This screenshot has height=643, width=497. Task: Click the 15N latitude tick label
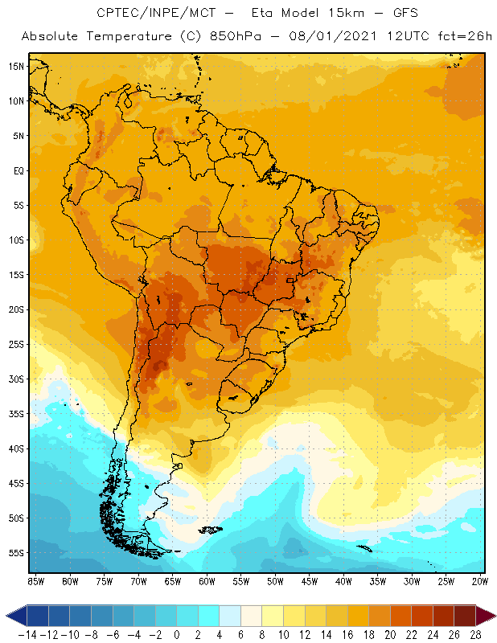(x=16, y=66)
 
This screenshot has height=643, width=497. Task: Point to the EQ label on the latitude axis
(x=18, y=170)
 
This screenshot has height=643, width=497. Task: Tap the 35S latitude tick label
(x=16, y=414)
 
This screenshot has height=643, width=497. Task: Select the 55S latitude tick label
(x=16, y=553)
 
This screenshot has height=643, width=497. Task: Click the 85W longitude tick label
(x=35, y=580)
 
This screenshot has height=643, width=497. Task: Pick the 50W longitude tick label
(x=275, y=580)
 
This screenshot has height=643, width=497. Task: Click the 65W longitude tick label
(x=172, y=580)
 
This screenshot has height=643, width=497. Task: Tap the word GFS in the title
(x=403, y=14)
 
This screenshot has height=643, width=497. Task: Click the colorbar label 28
(x=475, y=634)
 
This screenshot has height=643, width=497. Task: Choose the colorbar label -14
(x=27, y=634)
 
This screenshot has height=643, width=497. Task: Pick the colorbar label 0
(x=177, y=634)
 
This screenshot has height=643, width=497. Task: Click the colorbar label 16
(x=347, y=634)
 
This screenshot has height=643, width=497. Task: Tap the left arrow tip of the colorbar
(x=7, y=616)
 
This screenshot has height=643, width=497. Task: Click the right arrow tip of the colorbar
(x=492, y=616)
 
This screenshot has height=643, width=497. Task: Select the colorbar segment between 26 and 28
(x=464, y=616)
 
